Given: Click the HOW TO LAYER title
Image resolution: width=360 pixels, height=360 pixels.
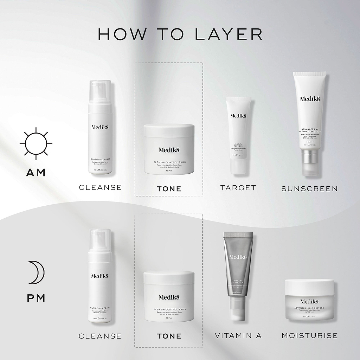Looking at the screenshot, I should (180, 34).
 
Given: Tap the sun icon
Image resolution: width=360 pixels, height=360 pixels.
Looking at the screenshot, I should (36, 143).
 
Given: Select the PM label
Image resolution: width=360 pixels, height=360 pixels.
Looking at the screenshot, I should (36, 298).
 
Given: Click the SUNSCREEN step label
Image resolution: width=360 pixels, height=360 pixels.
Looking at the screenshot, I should (309, 189).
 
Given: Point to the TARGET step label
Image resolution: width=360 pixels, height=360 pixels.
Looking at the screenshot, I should (238, 188).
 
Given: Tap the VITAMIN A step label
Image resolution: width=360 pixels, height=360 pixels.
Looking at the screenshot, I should (238, 336).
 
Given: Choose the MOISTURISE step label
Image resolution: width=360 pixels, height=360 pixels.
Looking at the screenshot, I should (309, 336).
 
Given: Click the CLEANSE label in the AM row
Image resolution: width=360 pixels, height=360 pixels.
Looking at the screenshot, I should (100, 187).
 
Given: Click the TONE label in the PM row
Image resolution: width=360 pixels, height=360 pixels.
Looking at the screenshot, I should (169, 336).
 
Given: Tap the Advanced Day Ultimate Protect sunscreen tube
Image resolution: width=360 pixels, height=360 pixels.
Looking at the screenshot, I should (309, 120).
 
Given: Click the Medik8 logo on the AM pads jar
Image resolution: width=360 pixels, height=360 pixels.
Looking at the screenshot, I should (169, 150).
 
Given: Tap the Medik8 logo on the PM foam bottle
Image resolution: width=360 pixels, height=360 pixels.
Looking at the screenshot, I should (99, 276).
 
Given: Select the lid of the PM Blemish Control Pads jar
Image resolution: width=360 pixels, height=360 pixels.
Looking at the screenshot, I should (169, 278).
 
